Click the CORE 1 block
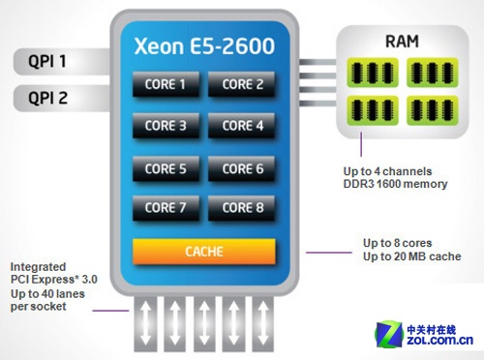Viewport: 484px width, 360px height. tap(166, 84)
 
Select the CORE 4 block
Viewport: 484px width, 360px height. tap(242, 126)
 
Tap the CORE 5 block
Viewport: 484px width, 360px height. tap(166, 168)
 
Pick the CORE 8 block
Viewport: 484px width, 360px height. tap(242, 208)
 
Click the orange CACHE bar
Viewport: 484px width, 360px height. tap(204, 252)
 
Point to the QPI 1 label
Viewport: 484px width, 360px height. tap(47, 61)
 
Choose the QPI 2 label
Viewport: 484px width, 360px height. tap(48, 98)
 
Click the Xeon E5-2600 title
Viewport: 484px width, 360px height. tap(204, 45)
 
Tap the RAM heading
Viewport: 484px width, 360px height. tap(402, 42)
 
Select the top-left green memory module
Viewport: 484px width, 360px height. tap(373, 73)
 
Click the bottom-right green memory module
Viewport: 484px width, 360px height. tap(433, 110)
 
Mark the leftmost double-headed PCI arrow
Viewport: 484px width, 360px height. tap(145, 323)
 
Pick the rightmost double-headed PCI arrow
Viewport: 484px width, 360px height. tap(263, 323)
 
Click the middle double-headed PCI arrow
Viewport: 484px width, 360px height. tap(204, 323)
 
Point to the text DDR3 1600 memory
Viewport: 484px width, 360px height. tap(395, 184)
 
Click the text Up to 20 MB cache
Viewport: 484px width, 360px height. tap(412, 256)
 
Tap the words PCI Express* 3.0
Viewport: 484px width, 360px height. tap(54, 280)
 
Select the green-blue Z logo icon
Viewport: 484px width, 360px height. tap(389, 334)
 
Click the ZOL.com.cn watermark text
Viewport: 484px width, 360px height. tap(439, 340)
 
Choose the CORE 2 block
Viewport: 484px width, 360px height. tap(242, 84)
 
